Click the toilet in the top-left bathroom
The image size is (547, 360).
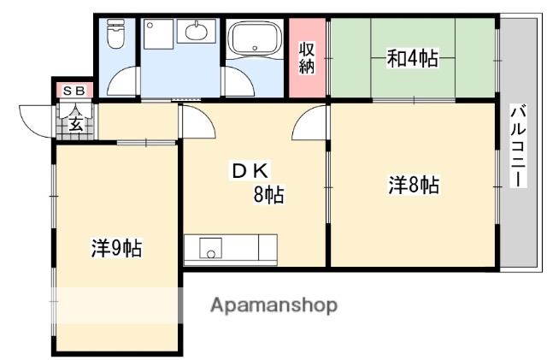coord(115,36)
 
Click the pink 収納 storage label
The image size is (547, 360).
coord(307,57)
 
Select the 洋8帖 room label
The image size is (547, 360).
coord(414,185)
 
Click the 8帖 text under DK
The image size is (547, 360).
coord(268,195)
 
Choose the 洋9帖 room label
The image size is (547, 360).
coord(116,249)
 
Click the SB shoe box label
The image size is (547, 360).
coord(72,89)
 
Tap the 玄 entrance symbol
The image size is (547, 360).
coord(74,125)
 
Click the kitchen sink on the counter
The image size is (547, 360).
coord(210,249)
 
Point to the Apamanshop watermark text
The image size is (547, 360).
coord(273,304)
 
